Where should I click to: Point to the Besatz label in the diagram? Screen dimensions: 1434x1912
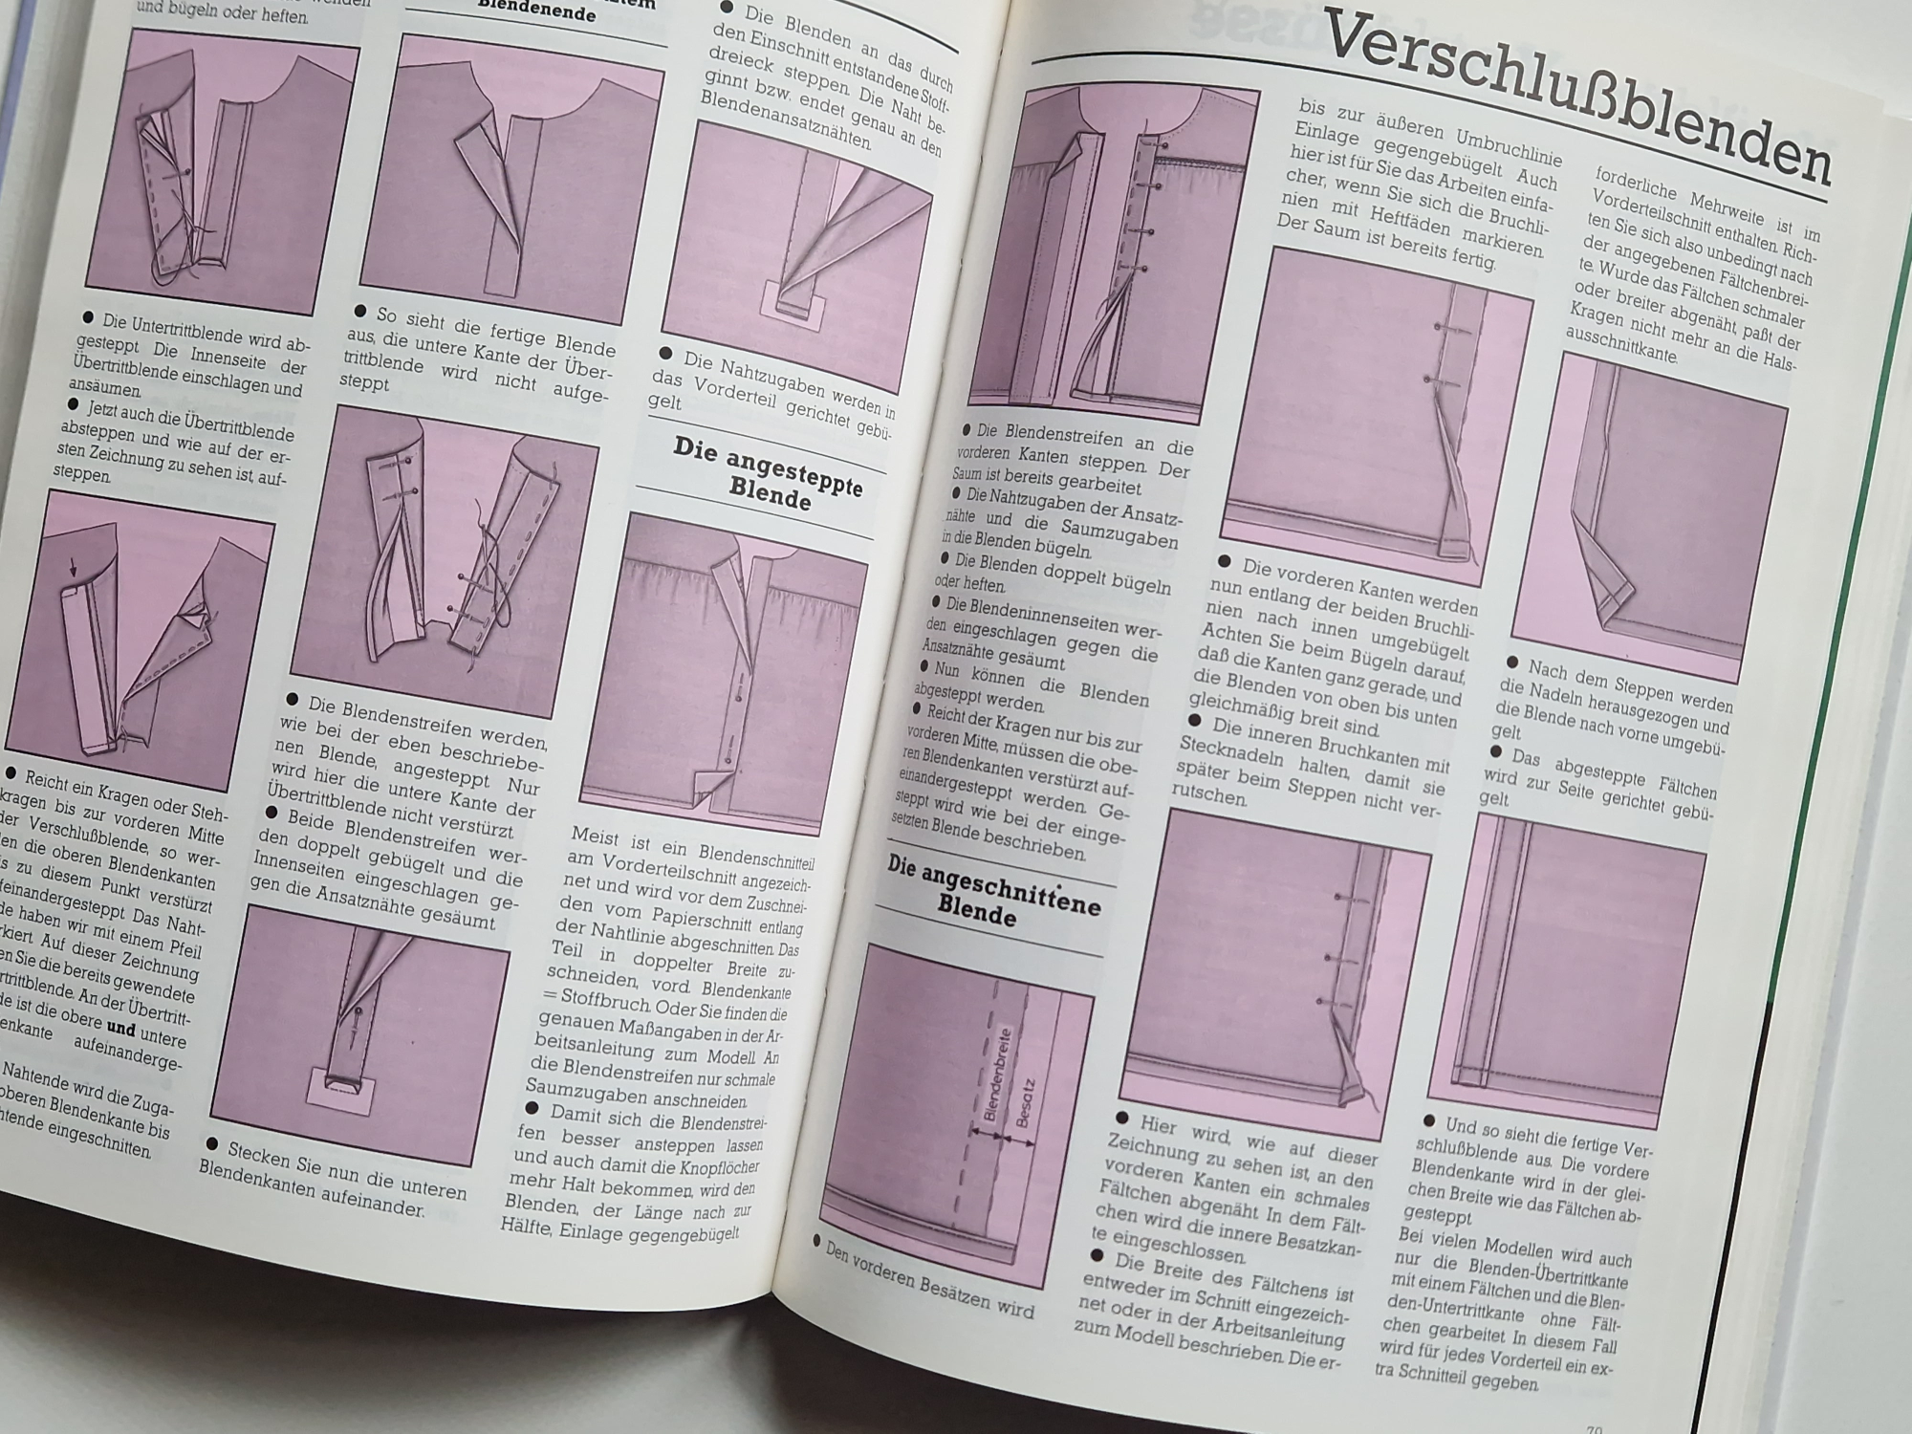(1025, 1104)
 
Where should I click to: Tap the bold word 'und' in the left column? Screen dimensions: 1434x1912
(120, 1031)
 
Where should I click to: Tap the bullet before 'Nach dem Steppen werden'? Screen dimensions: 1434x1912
(1512, 663)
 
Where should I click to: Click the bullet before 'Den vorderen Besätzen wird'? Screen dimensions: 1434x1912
(818, 1241)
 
